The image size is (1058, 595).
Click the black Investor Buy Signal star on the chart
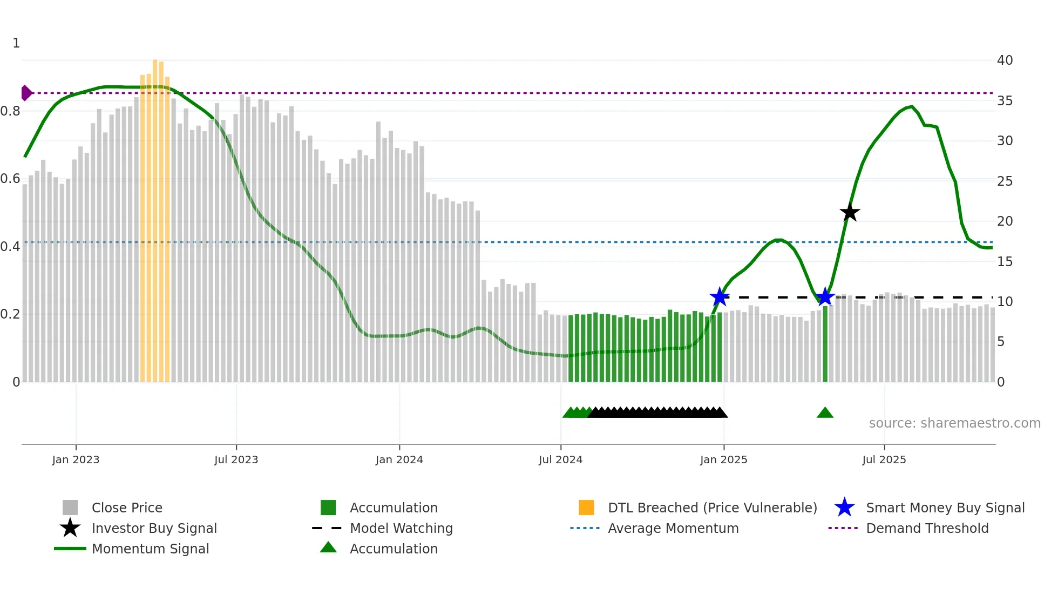(x=850, y=212)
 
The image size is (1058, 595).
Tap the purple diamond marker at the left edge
(x=26, y=93)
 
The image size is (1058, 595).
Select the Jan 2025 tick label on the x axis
(x=723, y=459)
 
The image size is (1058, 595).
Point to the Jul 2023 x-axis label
(x=236, y=459)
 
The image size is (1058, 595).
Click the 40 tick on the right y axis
(x=1005, y=60)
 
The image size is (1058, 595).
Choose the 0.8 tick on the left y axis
(x=10, y=111)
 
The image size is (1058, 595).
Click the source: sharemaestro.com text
(x=954, y=423)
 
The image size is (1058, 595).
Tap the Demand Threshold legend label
(x=927, y=528)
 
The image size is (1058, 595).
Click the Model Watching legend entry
(x=401, y=528)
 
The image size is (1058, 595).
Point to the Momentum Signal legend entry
(x=150, y=549)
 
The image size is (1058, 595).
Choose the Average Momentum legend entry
(x=673, y=528)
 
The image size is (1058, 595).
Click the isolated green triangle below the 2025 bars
(x=825, y=413)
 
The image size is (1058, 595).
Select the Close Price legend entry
(x=127, y=508)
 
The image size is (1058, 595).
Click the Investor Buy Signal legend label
(x=154, y=528)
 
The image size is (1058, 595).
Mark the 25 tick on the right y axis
(x=1005, y=181)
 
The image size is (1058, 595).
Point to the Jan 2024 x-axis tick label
(x=399, y=459)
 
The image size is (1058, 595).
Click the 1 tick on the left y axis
(x=16, y=43)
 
